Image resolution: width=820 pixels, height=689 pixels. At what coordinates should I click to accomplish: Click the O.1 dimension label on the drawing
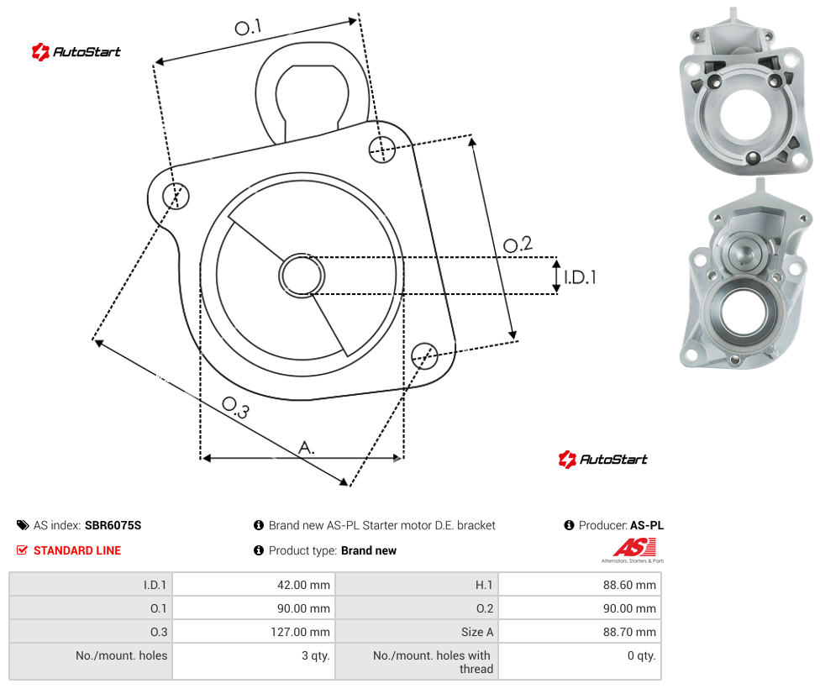click(x=248, y=27)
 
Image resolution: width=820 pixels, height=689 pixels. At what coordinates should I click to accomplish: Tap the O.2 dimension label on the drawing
click(x=518, y=245)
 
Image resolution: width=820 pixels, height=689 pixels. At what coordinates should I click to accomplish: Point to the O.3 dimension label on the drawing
click(x=236, y=408)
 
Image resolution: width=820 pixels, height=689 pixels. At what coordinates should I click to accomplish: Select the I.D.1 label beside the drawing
click(x=580, y=276)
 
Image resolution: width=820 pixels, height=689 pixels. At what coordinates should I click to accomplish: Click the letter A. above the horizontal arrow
click(x=307, y=448)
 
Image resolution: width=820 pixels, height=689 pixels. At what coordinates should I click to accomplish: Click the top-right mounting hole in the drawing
click(x=382, y=149)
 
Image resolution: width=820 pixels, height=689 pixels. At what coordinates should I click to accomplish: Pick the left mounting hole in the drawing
click(x=176, y=196)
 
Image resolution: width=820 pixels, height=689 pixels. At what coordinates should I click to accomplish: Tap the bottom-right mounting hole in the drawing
click(x=424, y=355)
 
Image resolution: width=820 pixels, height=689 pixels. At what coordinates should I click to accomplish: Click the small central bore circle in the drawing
click(x=302, y=276)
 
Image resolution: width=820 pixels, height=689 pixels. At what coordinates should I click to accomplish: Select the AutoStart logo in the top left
click(x=76, y=52)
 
